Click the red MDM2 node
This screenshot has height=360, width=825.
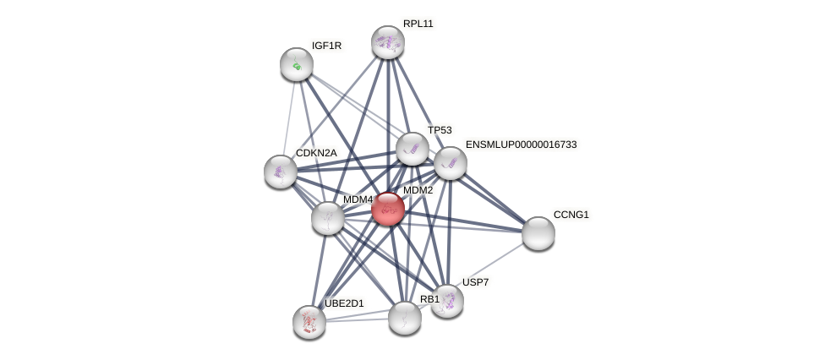[388, 209]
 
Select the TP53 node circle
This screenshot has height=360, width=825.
[412, 149]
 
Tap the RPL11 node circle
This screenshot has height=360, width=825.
[388, 42]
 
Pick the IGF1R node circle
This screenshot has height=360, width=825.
[297, 64]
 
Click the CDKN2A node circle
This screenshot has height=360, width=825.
[281, 172]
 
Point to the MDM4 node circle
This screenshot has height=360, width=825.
[328, 218]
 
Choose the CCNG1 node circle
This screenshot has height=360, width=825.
[538, 233]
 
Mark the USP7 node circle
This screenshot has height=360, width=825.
[447, 301]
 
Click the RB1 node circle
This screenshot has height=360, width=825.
[405, 318]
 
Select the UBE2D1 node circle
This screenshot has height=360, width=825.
[309, 322]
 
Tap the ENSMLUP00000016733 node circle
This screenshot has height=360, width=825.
[451, 163]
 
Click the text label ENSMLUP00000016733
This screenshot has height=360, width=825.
[521, 145]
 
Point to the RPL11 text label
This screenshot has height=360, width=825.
[418, 24]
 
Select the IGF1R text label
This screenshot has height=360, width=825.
[326, 46]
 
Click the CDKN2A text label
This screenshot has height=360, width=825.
[316, 153]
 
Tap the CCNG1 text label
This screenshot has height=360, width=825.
[571, 215]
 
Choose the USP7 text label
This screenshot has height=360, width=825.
[475, 282]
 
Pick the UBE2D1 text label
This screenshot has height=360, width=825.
[344, 303]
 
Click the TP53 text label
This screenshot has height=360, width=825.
[440, 130]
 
